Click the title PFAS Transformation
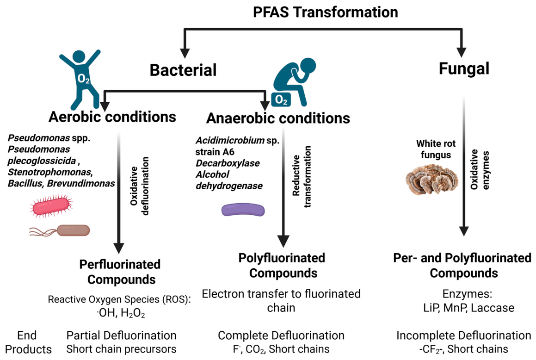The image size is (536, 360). click(x=326, y=12)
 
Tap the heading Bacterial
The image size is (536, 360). click(x=183, y=70)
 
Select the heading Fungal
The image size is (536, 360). click(x=464, y=68)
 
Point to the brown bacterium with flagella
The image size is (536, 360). click(x=60, y=230)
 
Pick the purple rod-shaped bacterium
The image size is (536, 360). click(x=243, y=210)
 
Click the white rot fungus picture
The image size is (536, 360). click(x=432, y=179)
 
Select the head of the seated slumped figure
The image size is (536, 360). click(x=308, y=66)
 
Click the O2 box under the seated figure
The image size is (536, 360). click(x=281, y=99)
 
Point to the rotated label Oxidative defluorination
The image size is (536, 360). click(x=140, y=186)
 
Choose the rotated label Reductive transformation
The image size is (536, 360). click(x=302, y=176)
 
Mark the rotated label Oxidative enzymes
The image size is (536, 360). click(x=480, y=169)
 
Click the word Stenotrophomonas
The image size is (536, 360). click(x=50, y=172)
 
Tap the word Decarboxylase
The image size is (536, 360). click(x=228, y=163)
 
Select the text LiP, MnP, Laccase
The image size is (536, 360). click(x=468, y=308)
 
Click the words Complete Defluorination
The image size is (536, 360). click(x=281, y=335)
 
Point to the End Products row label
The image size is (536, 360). click(x=28, y=342)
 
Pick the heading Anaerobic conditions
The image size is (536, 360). click(x=278, y=118)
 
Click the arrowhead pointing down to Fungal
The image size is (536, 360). click(x=462, y=52)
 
